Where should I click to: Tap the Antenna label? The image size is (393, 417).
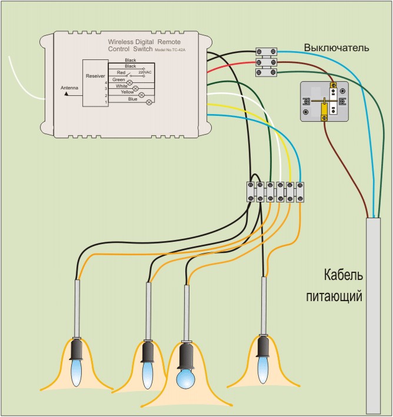coord(70,88)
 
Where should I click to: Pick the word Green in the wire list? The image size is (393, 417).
coord(118,79)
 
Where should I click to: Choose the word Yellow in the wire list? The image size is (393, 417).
coord(127,92)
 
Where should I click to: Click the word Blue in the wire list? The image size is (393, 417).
coord(132,99)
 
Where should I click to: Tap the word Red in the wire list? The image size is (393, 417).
coord(121,72)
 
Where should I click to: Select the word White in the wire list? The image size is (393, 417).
coord(122,86)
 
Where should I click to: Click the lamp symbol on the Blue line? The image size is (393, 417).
coord(149,102)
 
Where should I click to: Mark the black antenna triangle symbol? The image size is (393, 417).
coord(66,93)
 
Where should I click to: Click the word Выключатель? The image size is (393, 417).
coord(337,47)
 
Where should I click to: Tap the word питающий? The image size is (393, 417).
coord(334,296)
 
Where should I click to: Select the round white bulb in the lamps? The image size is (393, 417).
coord(186,377)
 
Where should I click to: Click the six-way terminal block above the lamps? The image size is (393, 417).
coord(275,192)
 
